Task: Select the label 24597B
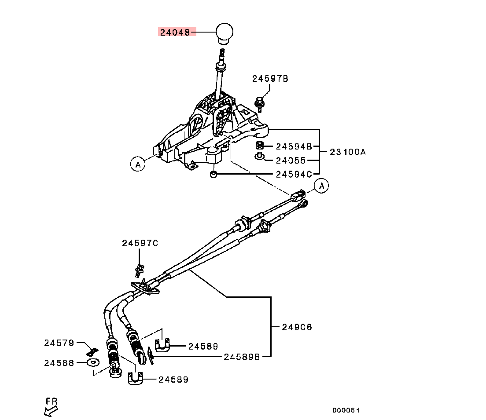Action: click(270, 79)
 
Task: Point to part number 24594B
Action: click(294, 146)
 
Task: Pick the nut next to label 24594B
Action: click(260, 146)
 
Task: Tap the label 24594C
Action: click(294, 174)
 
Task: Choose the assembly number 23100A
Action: click(348, 152)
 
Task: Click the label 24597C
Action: click(140, 243)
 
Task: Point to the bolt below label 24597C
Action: click(140, 269)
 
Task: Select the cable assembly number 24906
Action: click(297, 327)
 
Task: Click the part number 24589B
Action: click(241, 357)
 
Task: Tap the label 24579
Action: click(59, 343)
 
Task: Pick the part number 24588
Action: click(59, 362)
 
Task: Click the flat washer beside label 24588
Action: click(92, 362)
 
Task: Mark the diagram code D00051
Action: click(346, 410)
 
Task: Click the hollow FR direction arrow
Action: click(51, 411)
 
